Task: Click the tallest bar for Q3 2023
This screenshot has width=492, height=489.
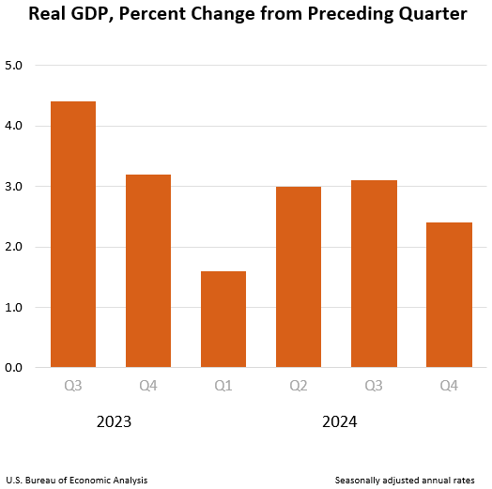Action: [73, 234]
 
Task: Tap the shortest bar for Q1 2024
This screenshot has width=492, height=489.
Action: [223, 319]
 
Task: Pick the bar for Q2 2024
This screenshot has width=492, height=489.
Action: [299, 277]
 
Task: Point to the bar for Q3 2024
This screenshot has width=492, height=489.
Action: [374, 273]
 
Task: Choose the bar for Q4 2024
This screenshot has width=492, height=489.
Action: [449, 295]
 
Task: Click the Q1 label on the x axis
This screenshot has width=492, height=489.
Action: [223, 385]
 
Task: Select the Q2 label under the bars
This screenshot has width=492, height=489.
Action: [299, 385]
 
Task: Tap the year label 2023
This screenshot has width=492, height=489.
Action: [114, 422]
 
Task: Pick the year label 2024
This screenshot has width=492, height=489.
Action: [339, 422]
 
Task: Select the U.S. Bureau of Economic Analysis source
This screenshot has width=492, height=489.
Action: [76, 480]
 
